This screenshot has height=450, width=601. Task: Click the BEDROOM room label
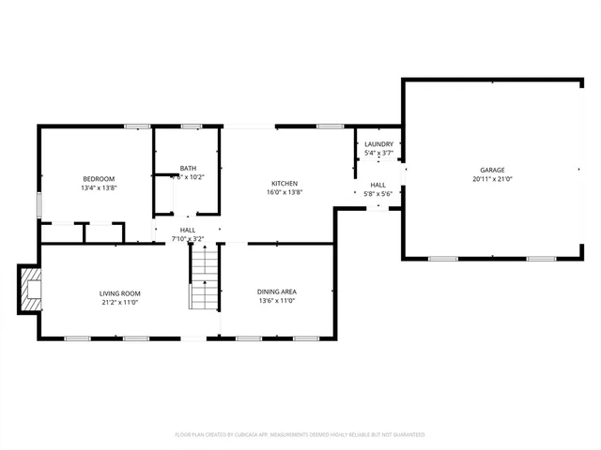pyautogui.click(x=98, y=179)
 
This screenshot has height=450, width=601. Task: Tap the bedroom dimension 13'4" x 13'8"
pyautogui.click(x=98, y=188)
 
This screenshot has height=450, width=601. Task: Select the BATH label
pyautogui.click(x=188, y=168)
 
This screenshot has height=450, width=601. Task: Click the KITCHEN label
pyautogui.click(x=285, y=183)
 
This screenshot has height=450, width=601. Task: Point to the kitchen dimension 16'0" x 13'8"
pyautogui.click(x=285, y=192)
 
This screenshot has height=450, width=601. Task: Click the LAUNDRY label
pyautogui.click(x=378, y=143)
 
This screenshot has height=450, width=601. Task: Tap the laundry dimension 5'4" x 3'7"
pyautogui.click(x=378, y=153)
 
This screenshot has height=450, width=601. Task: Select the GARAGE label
pyautogui.click(x=492, y=170)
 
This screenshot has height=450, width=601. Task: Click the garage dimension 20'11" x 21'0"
pyautogui.click(x=492, y=179)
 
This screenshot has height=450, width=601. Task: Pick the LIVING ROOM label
pyautogui.click(x=119, y=293)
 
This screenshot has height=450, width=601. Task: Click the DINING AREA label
pyautogui.click(x=277, y=292)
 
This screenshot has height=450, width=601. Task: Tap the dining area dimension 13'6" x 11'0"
pyautogui.click(x=277, y=301)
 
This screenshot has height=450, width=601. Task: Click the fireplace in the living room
pyautogui.click(x=32, y=290)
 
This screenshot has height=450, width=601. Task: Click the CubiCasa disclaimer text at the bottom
pyautogui.click(x=300, y=435)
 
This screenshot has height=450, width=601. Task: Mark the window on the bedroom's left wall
pyautogui.click(x=39, y=204)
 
